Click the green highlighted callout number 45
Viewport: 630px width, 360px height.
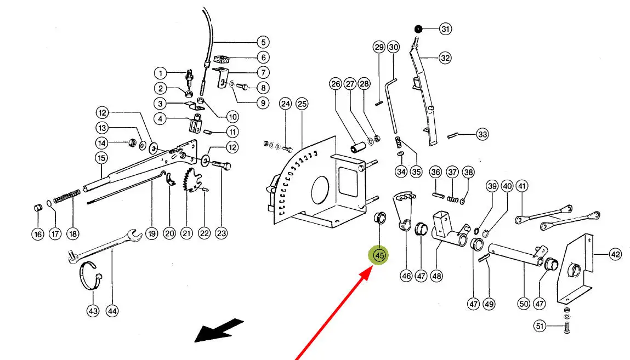tap(379, 255)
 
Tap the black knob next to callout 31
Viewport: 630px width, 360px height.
tap(418, 29)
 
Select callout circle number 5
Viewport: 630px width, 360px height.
tap(263, 42)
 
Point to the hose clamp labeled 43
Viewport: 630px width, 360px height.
tap(92, 275)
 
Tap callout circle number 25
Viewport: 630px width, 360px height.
tap(302, 103)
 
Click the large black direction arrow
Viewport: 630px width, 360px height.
tap(219, 330)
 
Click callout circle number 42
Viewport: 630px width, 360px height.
tap(616, 254)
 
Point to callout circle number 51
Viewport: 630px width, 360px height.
tap(541, 327)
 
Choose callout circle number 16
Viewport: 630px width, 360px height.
tap(37, 234)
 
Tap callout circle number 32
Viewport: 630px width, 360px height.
tap(445, 57)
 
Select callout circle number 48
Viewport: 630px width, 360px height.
tap(436, 276)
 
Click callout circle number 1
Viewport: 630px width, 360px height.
tap(160, 73)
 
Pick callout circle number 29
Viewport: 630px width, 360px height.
tap(379, 47)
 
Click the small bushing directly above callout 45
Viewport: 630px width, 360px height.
tap(378, 219)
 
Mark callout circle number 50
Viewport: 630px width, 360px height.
tap(523, 303)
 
